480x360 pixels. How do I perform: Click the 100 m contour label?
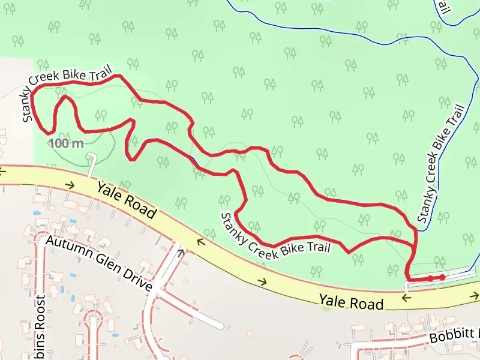[66, 143]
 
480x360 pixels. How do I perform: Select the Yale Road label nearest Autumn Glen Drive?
[126, 199]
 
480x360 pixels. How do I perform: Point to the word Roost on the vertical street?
[40, 327]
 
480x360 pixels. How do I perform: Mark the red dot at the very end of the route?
[442, 277]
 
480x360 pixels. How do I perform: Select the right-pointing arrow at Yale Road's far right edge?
[475, 296]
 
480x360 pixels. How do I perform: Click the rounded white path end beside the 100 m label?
[91, 157]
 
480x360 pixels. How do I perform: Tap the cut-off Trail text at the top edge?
[443, 7]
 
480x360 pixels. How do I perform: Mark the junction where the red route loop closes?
[415, 244]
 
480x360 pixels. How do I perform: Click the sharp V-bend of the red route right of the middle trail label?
[349, 252]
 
